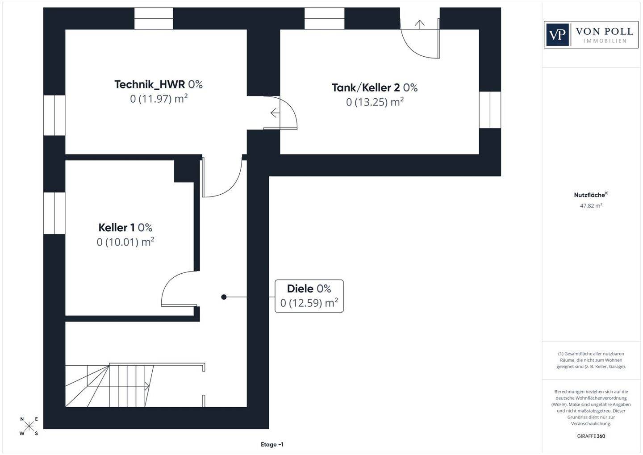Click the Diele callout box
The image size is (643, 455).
(x=309, y=296)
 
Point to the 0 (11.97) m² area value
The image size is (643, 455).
(x=159, y=99)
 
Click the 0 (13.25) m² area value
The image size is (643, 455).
(x=375, y=102)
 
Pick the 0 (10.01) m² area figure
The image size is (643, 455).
(x=125, y=242)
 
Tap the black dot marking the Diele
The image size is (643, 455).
(x=224, y=297)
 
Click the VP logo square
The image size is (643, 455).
(x=557, y=34)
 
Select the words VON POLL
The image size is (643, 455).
(x=604, y=31)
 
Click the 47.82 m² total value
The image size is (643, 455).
(x=591, y=206)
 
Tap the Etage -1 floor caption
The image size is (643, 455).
(x=272, y=444)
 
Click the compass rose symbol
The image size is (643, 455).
(x=29, y=426)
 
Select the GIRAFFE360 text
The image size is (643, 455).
(x=591, y=436)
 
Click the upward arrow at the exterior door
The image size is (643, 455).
(x=419, y=24)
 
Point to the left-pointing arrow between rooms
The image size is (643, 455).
(x=275, y=113)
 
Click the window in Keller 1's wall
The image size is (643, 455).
(x=54, y=213)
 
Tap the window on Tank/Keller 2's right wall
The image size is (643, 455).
(x=490, y=110)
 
